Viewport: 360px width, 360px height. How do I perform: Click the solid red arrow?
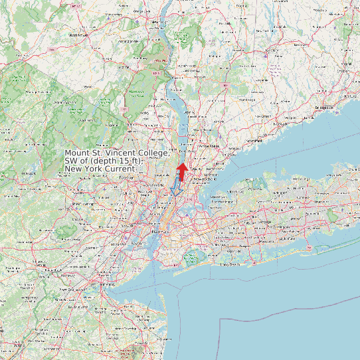coord(181,171)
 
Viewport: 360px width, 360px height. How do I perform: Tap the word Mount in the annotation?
coord(77,153)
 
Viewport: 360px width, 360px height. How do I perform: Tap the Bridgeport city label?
coord(325,107)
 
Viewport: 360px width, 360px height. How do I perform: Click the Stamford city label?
coord(254,141)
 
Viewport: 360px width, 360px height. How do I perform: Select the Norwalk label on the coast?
coord(284,124)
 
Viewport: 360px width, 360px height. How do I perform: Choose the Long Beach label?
coord(230,264)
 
